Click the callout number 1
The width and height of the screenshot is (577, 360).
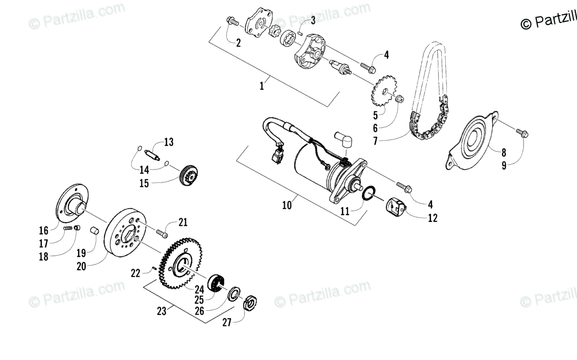(262, 86)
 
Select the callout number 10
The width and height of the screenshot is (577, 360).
(287, 205)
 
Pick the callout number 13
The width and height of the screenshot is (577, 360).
(169, 142)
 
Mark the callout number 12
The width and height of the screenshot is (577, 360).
(432, 218)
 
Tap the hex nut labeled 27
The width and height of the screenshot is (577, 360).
(249, 304)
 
